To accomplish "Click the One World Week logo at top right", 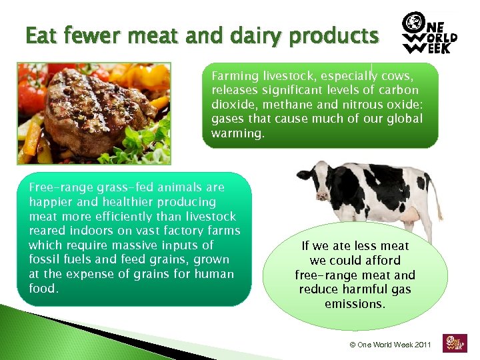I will pos(429,34).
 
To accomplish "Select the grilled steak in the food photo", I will pos(87,107).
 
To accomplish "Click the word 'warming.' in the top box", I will pos(238,133).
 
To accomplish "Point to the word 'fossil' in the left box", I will pos(45,259).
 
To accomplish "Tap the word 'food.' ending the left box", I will pos(44,288).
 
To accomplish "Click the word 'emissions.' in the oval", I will pos(355,304).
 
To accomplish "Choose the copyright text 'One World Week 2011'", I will pos(390,345).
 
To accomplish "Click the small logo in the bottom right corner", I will pos(455,342).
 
